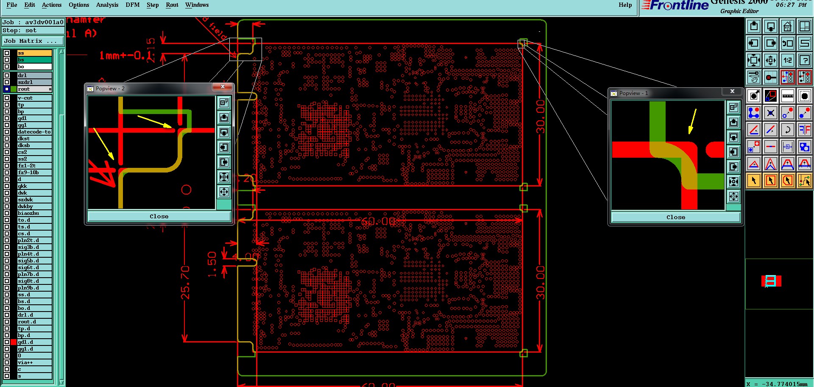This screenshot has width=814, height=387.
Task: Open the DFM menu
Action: coord(132,5)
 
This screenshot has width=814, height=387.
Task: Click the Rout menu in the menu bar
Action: coord(172,5)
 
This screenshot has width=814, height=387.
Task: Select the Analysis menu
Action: coord(107,5)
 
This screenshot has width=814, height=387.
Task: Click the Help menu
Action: coord(625,5)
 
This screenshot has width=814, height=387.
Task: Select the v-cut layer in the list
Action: coord(34,98)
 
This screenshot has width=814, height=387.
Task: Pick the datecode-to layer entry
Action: coord(34,132)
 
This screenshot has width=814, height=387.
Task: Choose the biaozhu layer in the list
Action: coord(34,213)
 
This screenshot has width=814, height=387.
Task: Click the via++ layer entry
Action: coord(34,362)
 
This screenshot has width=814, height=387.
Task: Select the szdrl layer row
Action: coord(34,82)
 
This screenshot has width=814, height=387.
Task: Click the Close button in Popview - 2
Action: coord(159,217)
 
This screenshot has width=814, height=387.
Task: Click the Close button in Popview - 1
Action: coord(675,217)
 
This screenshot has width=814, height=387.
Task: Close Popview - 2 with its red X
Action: coord(223,87)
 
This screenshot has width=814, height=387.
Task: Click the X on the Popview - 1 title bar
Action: coord(732,92)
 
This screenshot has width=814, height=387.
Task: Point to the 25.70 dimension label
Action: coord(185,282)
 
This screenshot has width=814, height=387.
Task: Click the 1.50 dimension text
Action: coord(212,264)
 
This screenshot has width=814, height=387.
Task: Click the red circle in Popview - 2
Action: coord(186,190)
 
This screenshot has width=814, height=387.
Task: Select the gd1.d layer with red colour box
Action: coord(34,342)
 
